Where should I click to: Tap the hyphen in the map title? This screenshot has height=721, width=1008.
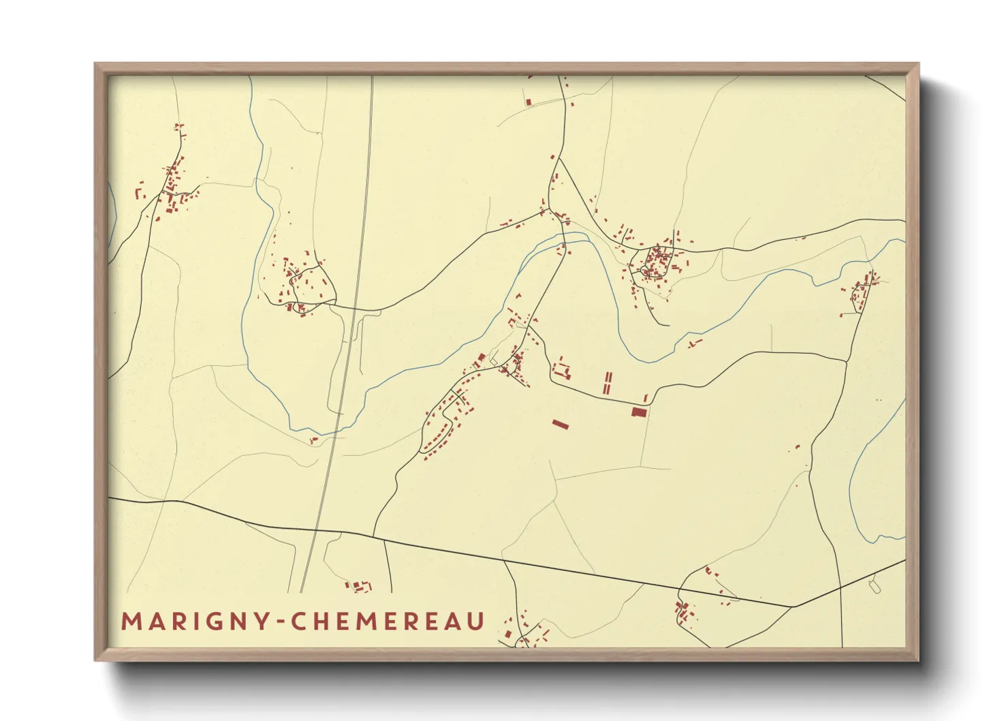278,622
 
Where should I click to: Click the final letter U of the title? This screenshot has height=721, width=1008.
476,622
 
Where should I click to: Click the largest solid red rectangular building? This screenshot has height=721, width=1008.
638,412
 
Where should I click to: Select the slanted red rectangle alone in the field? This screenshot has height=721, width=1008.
560,425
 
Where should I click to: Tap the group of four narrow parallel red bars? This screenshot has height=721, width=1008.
607,382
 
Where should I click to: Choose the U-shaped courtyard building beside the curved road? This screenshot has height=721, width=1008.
563,371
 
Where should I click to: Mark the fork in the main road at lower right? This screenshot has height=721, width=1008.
793,606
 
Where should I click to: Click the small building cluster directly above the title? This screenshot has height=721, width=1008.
360,586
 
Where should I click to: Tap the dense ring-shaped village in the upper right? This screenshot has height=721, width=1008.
657,262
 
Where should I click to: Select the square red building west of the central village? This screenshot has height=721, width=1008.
482,356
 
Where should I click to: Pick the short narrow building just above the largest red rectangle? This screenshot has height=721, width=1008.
646,398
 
